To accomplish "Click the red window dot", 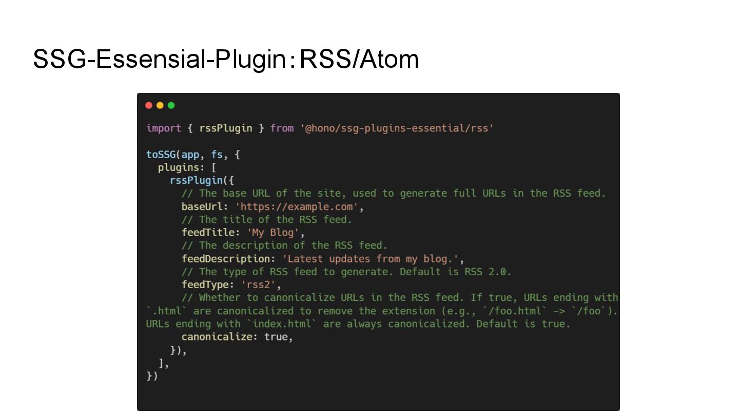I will point(149,105).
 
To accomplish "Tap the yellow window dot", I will point(160,105).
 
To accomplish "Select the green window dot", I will point(171,105).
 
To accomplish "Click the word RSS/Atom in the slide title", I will point(359,59).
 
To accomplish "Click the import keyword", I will point(164,128).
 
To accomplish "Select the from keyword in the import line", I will point(282,128).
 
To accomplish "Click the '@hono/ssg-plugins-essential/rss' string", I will point(397,128).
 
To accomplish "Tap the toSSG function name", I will point(161,155).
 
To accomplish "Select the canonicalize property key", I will point(220,337).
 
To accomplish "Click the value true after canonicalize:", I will point(276,337).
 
